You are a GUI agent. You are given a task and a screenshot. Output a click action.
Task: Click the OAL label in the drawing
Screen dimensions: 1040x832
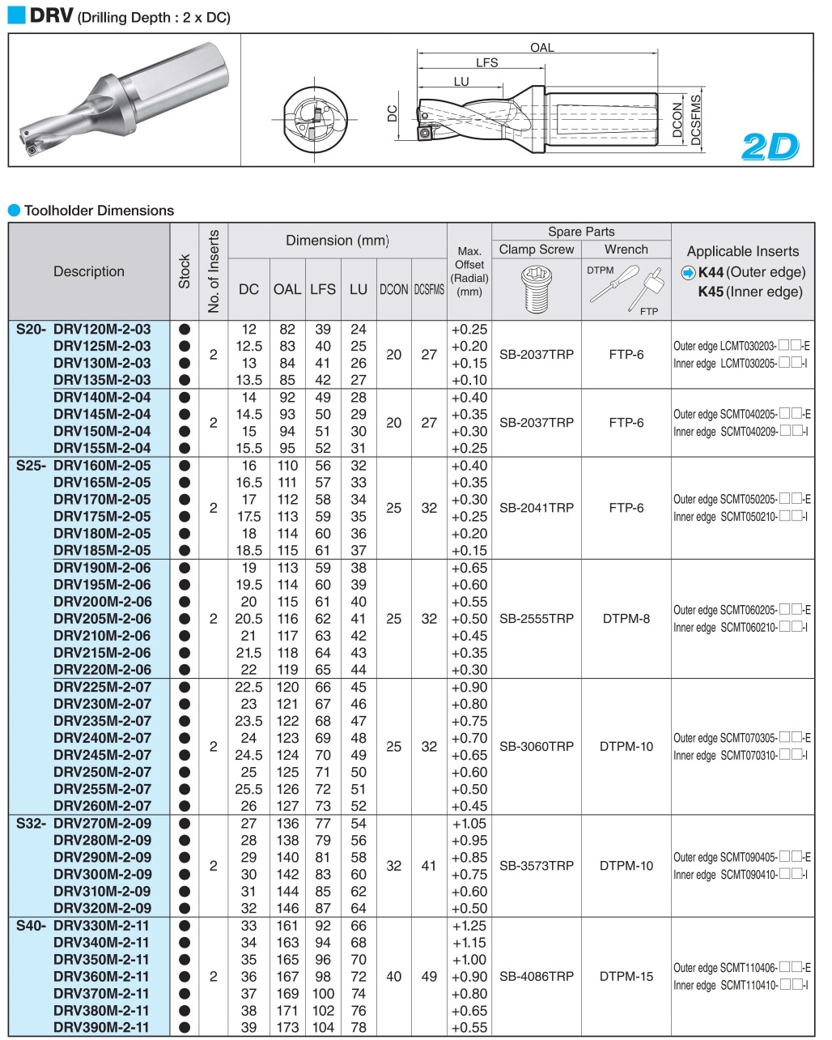tap(541, 48)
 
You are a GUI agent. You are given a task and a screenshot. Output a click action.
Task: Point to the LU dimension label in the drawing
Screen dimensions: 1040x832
tap(461, 81)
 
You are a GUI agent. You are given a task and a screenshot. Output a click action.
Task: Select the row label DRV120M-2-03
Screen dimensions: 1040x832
tap(102, 329)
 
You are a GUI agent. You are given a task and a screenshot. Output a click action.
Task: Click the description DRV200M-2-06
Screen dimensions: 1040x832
tap(102, 602)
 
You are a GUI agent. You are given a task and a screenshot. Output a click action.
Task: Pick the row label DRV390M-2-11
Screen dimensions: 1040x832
tap(101, 1027)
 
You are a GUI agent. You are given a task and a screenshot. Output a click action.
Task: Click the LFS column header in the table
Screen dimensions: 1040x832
tap(322, 289)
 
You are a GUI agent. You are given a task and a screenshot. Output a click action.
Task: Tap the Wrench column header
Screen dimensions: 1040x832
tap(626, 249)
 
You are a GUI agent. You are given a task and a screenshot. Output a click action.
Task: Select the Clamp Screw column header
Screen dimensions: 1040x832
tap(537, 249)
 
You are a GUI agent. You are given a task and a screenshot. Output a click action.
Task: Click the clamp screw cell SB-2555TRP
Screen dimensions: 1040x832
tap(537, 619)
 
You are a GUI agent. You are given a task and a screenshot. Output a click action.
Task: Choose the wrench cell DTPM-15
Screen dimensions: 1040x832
tap(626, 977)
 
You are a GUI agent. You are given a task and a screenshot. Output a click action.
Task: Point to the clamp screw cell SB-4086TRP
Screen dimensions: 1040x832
tap(537, 977)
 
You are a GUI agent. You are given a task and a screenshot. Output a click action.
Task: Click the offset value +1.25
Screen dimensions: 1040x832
tap(469, 926)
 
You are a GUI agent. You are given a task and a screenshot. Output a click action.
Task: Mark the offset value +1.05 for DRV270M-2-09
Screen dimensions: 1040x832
tap(469, 824)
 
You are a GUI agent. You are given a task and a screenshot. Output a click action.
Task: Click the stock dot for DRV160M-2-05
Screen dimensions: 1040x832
tap(185, 466)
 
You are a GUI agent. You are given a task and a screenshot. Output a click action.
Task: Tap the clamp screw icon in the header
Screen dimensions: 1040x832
tap(536, 288)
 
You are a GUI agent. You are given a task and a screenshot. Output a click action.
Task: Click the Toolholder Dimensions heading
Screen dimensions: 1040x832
tap(99, 211)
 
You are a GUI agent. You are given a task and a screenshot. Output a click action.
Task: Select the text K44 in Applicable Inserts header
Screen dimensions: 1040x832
tap(711, 272)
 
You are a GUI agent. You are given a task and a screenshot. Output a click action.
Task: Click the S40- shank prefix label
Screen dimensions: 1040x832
tap(32, 926)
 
